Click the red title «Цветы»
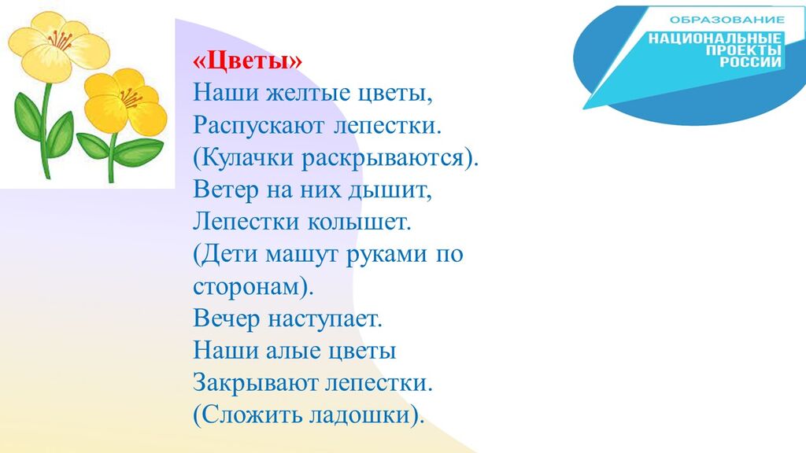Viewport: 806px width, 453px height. click(248, 61)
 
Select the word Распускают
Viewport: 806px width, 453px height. click(259, 126)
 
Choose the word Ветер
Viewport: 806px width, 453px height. click(226, 190)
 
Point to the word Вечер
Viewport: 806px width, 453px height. click(226, 319)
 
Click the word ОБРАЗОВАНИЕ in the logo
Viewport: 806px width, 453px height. click(727, 20)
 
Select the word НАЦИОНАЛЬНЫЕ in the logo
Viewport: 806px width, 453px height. click(715, 39)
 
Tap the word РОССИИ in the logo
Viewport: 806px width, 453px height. click(750, 62)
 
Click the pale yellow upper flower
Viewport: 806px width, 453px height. click(58, 45)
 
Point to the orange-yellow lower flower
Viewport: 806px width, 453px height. click(126, 101)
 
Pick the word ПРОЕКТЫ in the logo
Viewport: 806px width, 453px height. click(743, 50)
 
